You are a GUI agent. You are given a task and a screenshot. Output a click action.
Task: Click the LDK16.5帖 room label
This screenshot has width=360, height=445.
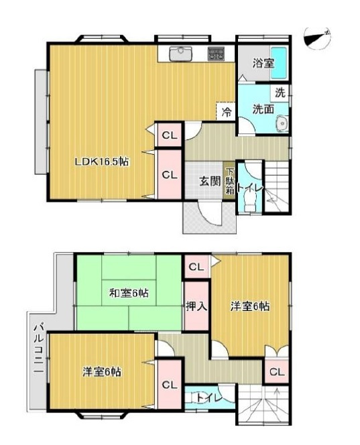point(101,162)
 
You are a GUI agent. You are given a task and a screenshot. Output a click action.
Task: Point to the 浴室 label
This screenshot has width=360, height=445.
point(263,64)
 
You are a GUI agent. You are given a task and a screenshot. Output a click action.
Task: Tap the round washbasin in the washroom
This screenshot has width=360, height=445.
point(282,123)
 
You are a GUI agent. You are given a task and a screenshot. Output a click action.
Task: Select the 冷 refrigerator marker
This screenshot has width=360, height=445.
point(227,112)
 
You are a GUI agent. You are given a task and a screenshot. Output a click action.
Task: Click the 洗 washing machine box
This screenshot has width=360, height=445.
point(280,94)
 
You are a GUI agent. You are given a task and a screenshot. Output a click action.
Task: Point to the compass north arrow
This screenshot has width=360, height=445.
point(316,38)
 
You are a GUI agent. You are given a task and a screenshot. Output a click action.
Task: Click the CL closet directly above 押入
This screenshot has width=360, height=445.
point(196,267)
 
